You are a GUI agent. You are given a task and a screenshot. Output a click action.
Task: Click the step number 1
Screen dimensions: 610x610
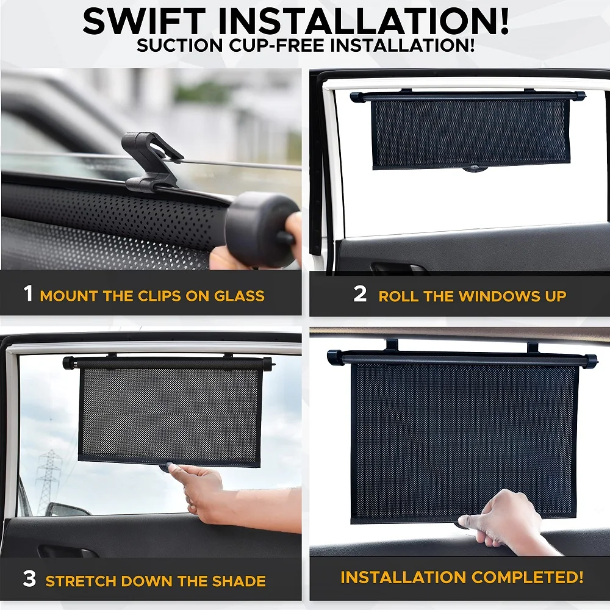click(28, 294)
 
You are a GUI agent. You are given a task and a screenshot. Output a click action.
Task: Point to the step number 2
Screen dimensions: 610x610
click(360, 294)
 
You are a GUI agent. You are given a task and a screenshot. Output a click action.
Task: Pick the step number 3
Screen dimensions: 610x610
click(29, 579)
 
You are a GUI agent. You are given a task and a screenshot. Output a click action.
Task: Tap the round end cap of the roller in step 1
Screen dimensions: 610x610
click(261, 229)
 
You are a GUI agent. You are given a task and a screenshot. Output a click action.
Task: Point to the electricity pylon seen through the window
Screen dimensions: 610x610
click(49, 482)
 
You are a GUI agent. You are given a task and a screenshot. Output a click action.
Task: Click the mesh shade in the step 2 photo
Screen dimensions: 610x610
click(470, 133)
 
